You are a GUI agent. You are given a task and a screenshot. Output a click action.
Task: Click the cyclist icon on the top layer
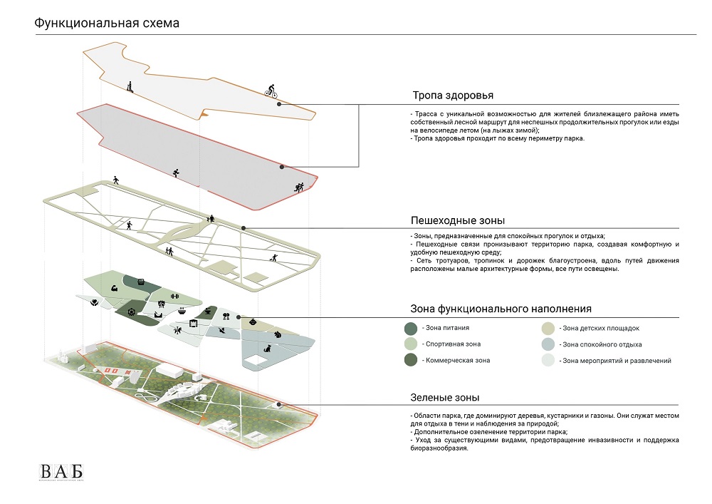click(x=271, y=91)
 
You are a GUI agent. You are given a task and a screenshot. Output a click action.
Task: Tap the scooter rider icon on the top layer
click(x=130, y=86)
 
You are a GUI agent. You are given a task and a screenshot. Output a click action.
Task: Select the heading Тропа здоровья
click(x=452, y=96)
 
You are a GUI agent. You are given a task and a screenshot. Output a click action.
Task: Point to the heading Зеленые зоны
click(x=444, y=397)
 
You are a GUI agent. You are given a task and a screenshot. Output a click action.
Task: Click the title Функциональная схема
click(x=107, y=24)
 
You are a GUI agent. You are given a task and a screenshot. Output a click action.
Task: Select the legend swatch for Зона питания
click(x=410, y=329)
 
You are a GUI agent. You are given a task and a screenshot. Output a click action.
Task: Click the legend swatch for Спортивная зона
click(x=410, y=344)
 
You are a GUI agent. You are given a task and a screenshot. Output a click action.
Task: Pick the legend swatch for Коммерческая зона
click(x=410, y=361)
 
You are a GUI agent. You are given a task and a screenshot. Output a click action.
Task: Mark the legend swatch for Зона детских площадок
click(x=548, y=329)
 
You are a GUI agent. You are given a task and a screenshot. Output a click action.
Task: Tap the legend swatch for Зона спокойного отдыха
click(x=548, y=344)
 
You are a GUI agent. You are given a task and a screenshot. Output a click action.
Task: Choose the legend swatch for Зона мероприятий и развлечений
click(x=548, y=361)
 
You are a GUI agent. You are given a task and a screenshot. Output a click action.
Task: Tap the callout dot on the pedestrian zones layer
click(x=244, y=228)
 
